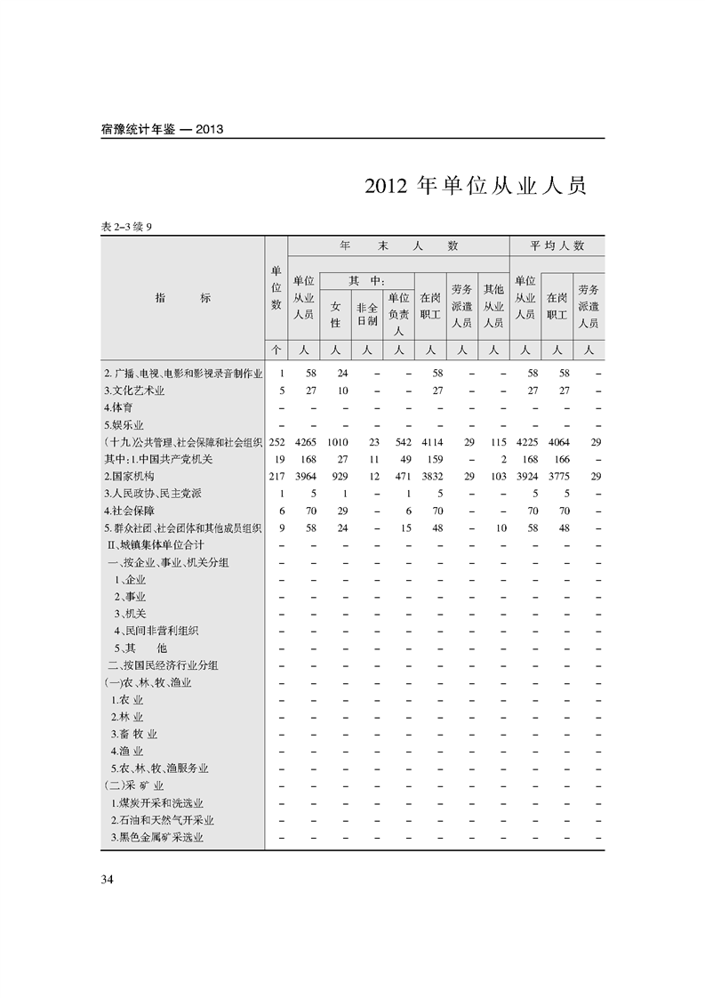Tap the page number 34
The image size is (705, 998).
(108, 880)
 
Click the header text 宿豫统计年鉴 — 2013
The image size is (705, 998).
(162, 129)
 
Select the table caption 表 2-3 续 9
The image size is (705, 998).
(129, 227)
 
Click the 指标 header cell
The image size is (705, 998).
(182, 298)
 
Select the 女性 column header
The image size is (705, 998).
(335, 313)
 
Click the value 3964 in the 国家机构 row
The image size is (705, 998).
(304, 477)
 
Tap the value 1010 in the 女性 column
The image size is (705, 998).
(336, 442)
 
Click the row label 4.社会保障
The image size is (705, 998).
(129, 511)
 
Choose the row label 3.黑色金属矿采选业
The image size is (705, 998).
(157, 837)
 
